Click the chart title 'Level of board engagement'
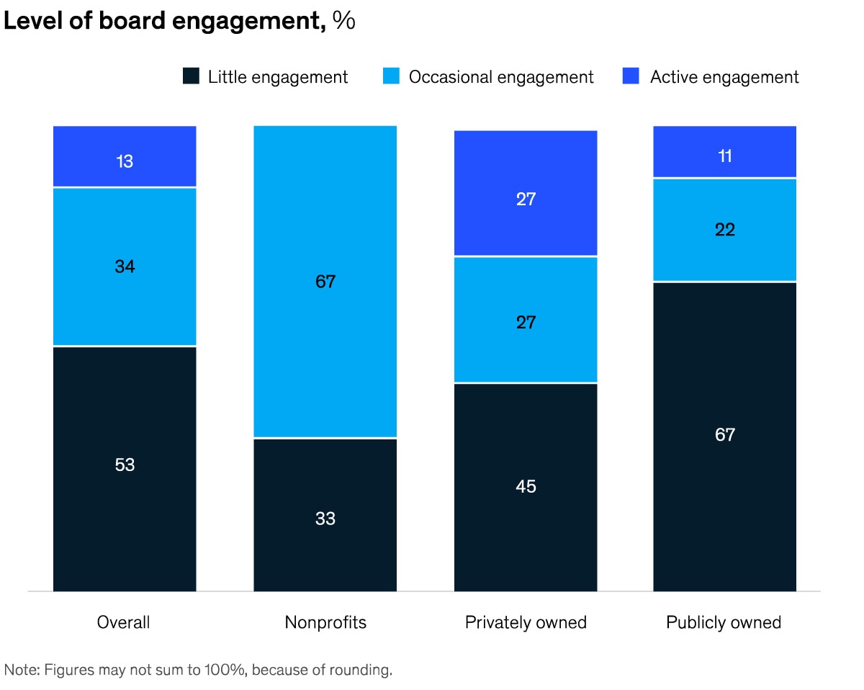[162, 21]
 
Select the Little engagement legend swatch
[191, 76]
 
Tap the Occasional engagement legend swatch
[391, 76]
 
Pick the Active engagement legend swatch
[631, 76]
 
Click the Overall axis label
[124, 622]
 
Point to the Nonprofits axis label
[325, 622]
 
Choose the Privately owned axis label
[526, 622]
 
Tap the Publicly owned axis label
[724, 622]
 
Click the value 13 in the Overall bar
[125, 161]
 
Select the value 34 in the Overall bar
[125, 266]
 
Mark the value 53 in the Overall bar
[125, 465]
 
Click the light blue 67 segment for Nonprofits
[325, 282]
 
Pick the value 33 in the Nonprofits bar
[325, 519]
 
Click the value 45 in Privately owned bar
[526, 487]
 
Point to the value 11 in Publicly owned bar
[725, 156]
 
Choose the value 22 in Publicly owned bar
[725, 230]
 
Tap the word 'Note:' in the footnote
[22, 670]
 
